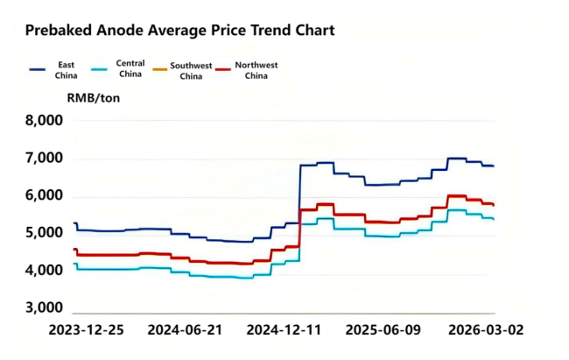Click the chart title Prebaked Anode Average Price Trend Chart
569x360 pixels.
click(x=179, y=30)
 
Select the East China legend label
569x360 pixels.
click(x=66, y=70)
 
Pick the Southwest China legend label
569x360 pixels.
click(x=192, y=70)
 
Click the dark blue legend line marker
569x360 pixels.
click(x=38, y=68)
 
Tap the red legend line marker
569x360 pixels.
click(x=226, y=68)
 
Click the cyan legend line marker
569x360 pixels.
click(x=101, y=68)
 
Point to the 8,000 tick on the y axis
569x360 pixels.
click(x=43, y=121)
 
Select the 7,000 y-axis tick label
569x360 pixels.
click(x=43, y=159)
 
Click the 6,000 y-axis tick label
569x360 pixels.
click(x=43, y=196)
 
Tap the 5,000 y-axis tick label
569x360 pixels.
click(x=43, y=234)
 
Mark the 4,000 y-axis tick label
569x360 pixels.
click(x=43, y=272)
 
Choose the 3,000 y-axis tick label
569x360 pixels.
click(x=43, y=308)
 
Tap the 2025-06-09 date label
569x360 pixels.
click(x=383, y=331)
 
